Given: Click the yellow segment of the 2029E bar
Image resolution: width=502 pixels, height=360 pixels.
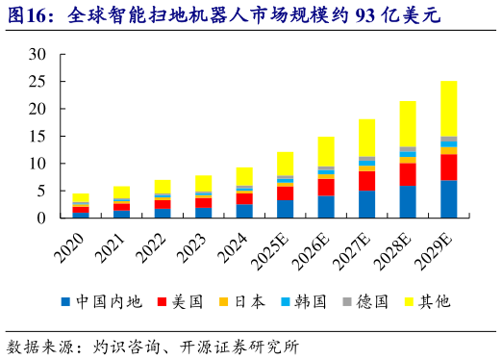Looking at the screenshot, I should [448, 109].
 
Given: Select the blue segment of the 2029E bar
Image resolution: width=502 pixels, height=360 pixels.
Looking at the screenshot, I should [448, 199].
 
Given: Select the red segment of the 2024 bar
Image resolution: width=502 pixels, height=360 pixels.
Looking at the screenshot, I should [244, 198].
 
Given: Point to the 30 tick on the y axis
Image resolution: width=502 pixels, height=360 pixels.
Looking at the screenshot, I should [36, 55].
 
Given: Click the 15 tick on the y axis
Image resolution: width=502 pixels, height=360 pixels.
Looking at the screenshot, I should [36, 137].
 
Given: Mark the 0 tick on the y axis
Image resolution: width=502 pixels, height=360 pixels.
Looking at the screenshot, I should [39, 219].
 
